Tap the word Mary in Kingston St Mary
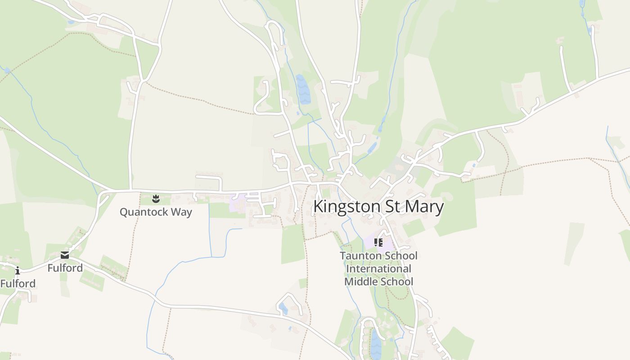click(425, 207)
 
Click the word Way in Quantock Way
click(180, 212)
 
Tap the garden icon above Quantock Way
click(156, 198)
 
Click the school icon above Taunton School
click(378, 243)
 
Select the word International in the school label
click(378, 269)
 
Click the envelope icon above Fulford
click(65, 255)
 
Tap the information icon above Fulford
click(18, 270)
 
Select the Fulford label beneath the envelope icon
click(65, 268)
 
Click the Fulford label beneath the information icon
click(18, 283)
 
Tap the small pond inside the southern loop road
click(283, 308)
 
